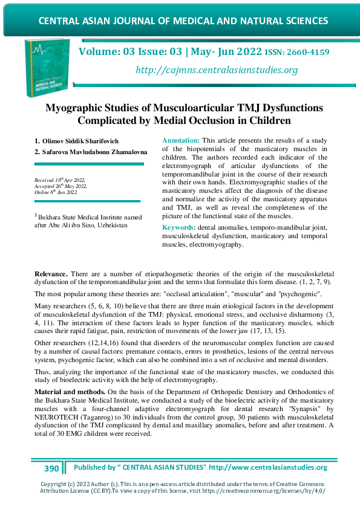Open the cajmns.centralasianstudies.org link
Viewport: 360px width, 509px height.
tap(217, 70)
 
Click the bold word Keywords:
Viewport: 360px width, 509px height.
tap(180, 227)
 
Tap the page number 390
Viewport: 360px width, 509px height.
tap(51, 468)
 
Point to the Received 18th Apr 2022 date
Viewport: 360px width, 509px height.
tap(60, 180)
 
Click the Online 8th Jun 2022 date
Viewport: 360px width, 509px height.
tap(56, 192)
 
